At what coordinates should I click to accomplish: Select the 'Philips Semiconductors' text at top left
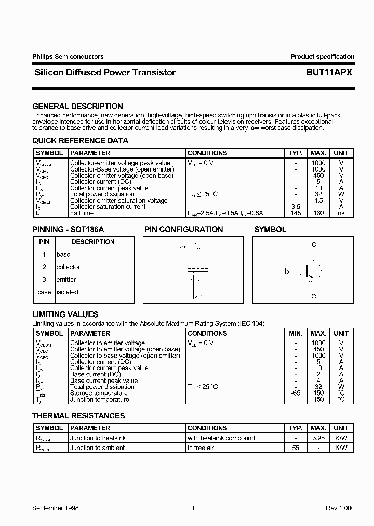68,57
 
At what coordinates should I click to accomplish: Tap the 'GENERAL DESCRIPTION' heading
77,106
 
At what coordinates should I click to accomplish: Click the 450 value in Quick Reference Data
318,176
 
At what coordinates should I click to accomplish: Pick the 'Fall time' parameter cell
82,213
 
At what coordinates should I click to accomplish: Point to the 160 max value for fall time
318,213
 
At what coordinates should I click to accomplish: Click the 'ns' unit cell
341,213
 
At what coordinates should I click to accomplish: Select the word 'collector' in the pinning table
68,267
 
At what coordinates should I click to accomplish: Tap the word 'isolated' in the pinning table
67,292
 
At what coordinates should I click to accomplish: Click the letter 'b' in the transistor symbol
286,271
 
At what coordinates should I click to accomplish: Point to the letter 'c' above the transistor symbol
314,244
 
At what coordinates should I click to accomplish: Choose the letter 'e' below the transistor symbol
313,296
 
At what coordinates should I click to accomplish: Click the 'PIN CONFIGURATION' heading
183,229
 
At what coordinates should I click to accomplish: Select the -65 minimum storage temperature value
296,393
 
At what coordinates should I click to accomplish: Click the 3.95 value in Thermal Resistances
318,438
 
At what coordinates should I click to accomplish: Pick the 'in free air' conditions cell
201,448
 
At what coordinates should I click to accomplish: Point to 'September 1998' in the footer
56,508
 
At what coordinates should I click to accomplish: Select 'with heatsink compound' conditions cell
221,438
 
